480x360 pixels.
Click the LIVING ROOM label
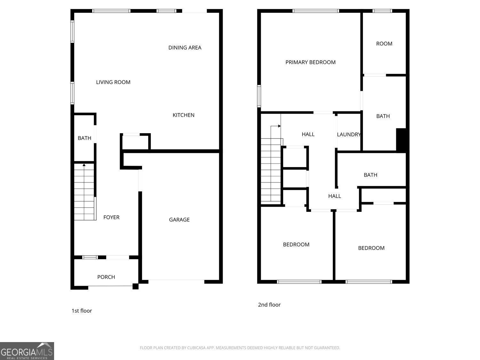point(113,82)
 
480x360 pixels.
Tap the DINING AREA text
point(185,48)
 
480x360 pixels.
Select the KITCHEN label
point(183,115)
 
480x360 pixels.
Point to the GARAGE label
point(179,220)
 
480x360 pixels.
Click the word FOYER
point(111,217)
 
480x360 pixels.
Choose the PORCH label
point(106,277)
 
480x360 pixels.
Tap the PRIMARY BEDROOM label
point(310,62)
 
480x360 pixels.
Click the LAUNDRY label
point(348,134)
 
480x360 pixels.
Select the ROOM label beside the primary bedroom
point(384,44)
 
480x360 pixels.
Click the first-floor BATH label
point(84,138)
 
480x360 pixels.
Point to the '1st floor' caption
point(82,311)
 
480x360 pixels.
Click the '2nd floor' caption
point(269,305)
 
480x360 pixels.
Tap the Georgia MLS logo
point(27,351)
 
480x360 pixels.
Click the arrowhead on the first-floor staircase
point(84,165)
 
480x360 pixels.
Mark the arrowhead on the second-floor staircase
point(279,126)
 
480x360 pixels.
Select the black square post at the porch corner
point(135,286)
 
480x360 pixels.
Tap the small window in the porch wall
point(90,257)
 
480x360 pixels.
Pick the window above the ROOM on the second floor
point(382,11)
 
